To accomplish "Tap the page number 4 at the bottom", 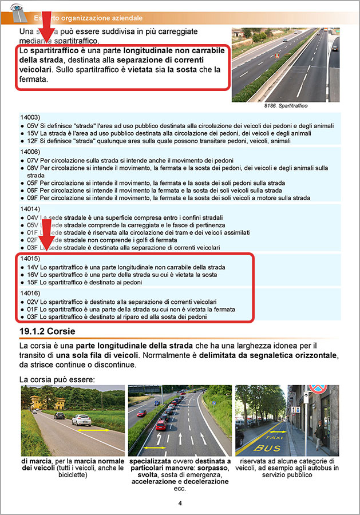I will pos(180,504).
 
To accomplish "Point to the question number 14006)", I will pos(30,152).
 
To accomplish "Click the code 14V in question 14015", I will pos(32,267).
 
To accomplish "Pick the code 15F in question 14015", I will pos(32,282).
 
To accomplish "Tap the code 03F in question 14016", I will pos(32,316).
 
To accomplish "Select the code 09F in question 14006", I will pos(32,198).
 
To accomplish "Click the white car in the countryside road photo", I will pos(81,420).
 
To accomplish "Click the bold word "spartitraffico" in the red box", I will pos(55,51).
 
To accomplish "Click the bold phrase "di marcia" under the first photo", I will pos(37,461).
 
